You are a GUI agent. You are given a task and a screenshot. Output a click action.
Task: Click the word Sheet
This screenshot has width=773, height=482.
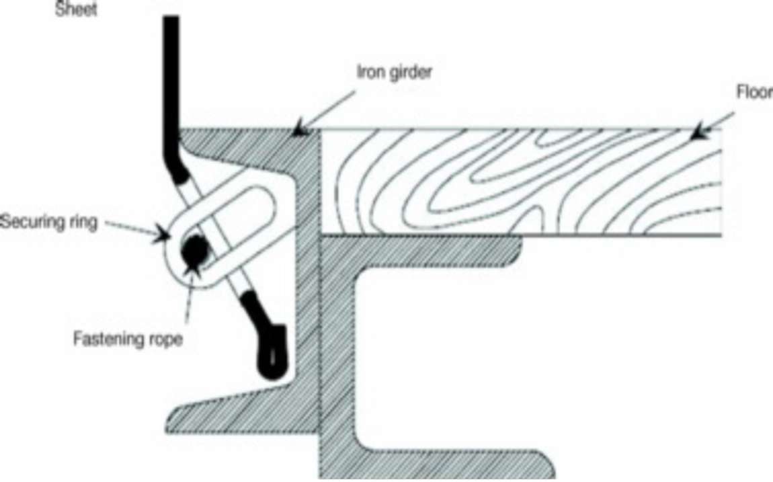[x=76, y=9]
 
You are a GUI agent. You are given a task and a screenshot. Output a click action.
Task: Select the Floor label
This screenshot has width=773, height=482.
[x=755, y=92]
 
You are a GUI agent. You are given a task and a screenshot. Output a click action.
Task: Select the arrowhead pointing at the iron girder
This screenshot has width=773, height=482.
[x=300, y=129]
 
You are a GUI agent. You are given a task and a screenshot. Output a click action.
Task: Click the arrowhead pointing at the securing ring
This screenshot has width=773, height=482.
[x=160, y=234]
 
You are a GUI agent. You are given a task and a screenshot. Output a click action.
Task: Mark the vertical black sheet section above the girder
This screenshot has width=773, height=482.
[x=171, y=84]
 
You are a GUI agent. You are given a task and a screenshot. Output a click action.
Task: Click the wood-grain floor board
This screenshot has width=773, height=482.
[x=521, y=182]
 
